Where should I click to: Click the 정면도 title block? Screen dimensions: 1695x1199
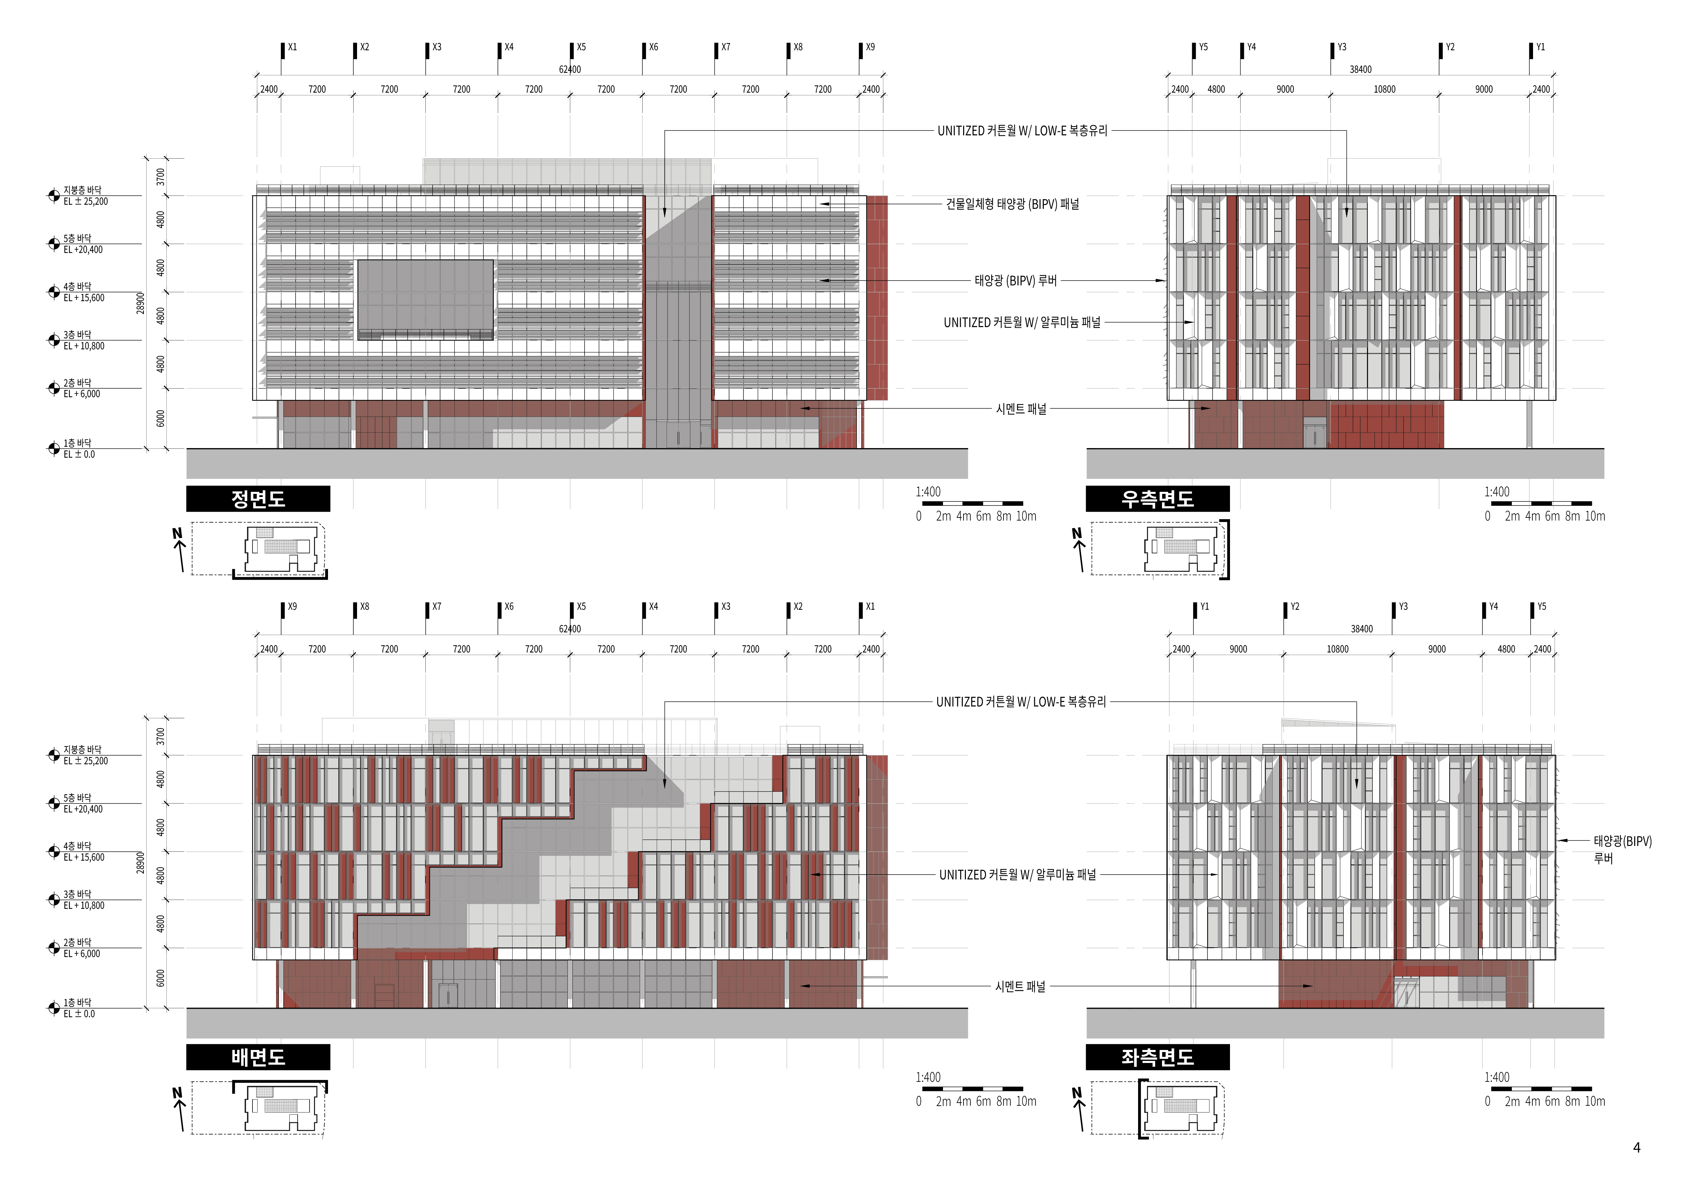[x=258, y=499]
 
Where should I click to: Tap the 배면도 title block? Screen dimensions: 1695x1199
[x=258, y=1057]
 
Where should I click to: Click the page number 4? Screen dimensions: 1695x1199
[x=1637, y=1147]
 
